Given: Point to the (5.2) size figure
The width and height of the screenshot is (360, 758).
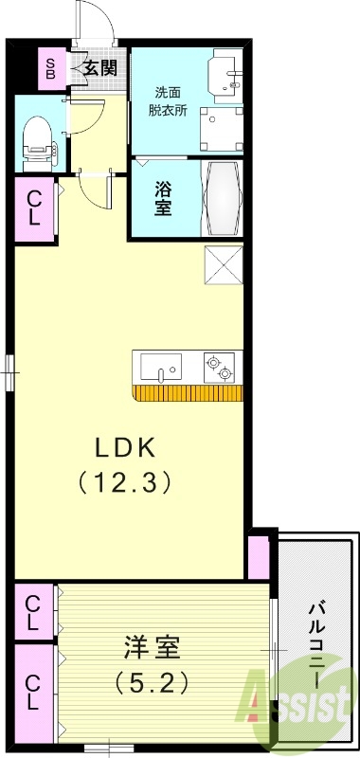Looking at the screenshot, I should click(152, 680).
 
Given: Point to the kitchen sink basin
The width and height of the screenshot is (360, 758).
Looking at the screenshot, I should click(163, 367).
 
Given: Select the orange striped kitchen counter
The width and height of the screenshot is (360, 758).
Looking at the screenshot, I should click(188, 392).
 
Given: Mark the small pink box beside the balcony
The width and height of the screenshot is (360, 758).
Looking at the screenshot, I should click(257, 557).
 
